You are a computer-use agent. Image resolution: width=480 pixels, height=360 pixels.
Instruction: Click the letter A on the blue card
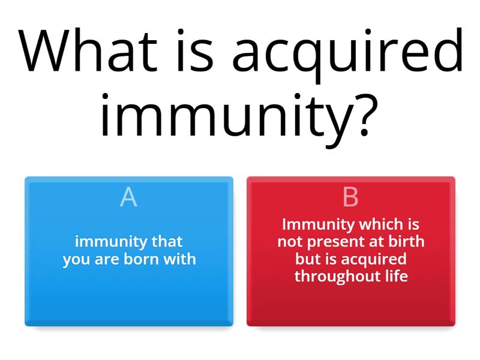(128, 197)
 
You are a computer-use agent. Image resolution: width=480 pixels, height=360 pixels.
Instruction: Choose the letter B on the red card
(350, 197)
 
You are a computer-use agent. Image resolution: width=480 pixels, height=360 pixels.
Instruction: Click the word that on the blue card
(167, 242)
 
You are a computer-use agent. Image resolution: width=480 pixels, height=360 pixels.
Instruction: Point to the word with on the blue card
(181, 260)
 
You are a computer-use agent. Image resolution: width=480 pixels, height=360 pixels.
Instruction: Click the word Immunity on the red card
(318, 225)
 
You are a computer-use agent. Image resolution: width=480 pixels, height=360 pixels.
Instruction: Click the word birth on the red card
(405, 242)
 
